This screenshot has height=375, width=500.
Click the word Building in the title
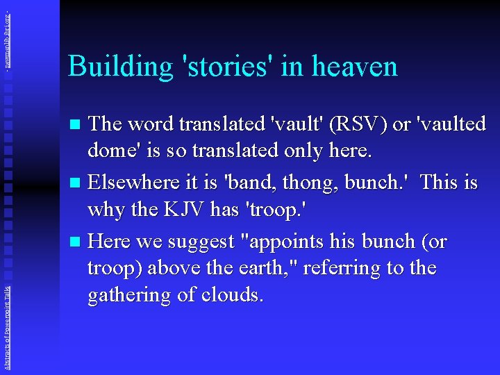pyautogui.click(x=119, y=67)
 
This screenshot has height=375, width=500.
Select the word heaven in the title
pyautogui.click(x=355, y=67)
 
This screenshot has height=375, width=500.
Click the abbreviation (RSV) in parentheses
pyautogui.click(x=353, y=124)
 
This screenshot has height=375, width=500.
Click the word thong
pyautogui.click(x=318, y=182)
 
